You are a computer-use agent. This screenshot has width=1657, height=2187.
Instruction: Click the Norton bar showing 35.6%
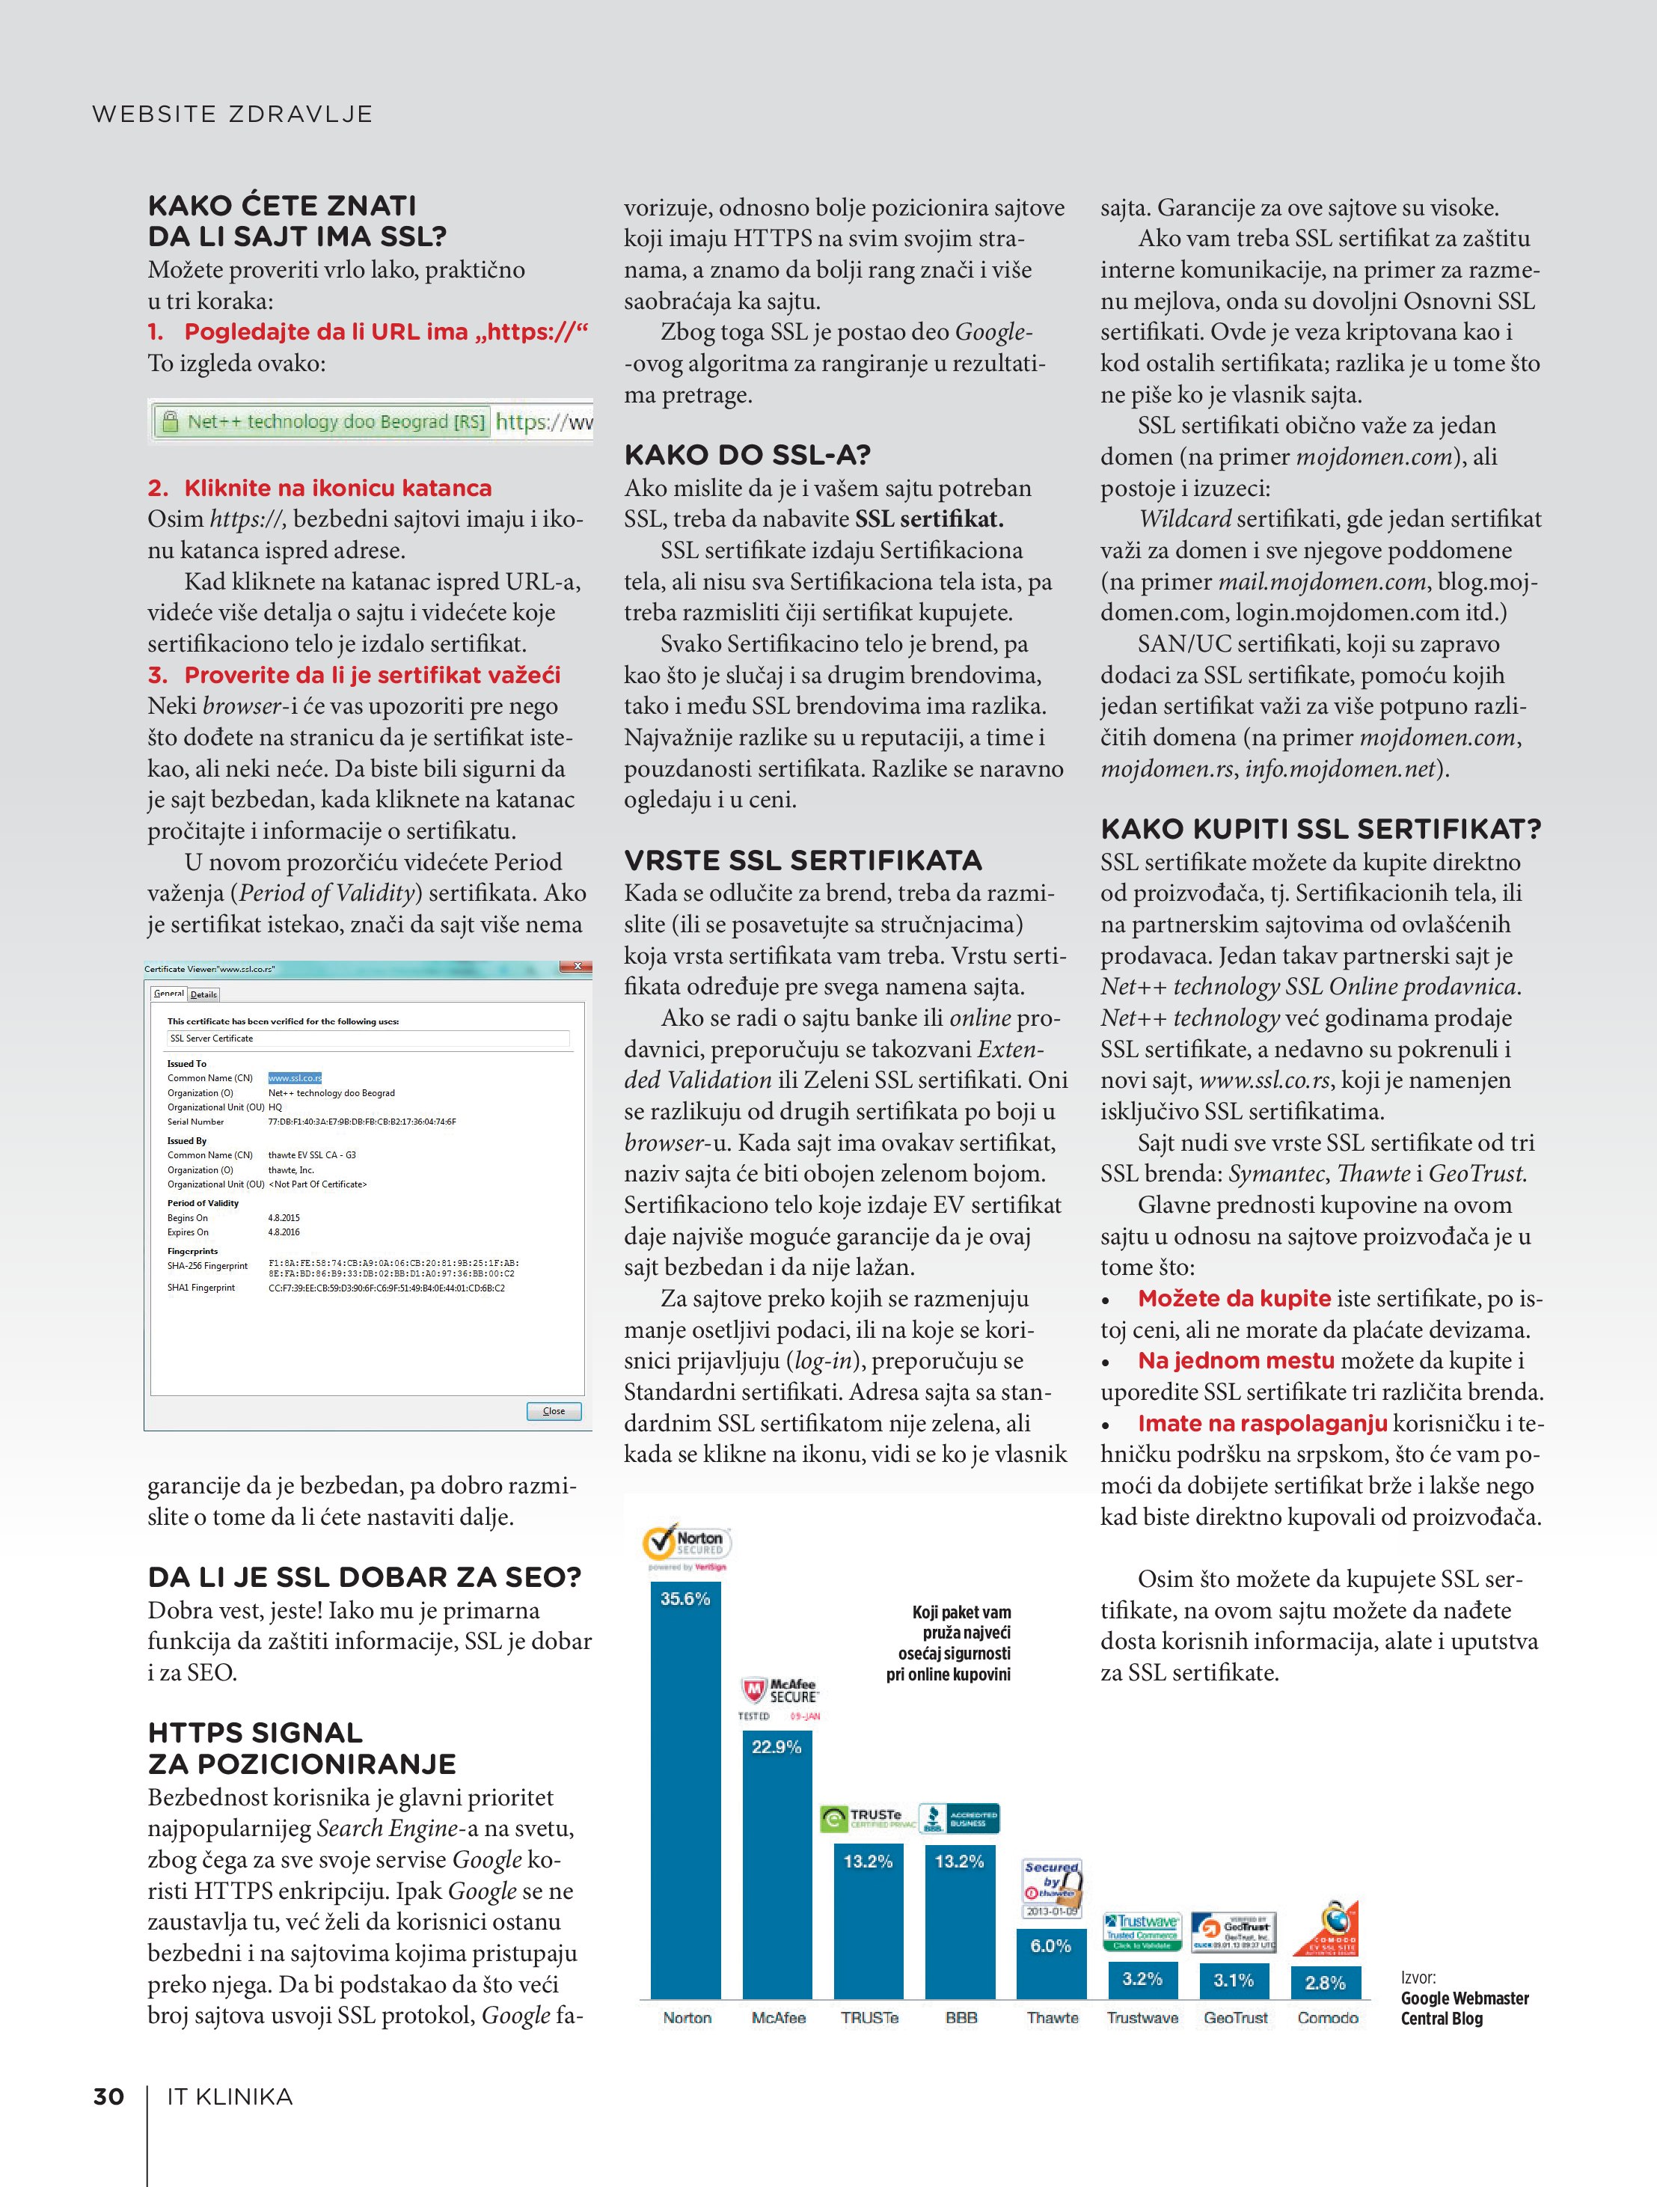click(685, 1790)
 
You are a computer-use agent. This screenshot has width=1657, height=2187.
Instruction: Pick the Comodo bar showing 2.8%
click(1325, 1981)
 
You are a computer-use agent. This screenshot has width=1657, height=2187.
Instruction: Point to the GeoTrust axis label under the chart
click(1235, 2018)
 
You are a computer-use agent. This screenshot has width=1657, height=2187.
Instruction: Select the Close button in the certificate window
click(554, 1411)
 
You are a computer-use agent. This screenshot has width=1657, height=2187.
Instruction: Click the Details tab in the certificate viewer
click(203, 994)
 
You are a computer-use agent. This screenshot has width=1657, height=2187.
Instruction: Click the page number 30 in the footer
click(108, 2097)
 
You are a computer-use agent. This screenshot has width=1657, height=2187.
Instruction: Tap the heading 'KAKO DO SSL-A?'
click(747, 456)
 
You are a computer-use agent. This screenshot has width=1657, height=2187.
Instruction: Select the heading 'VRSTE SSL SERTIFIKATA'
click(803, 860)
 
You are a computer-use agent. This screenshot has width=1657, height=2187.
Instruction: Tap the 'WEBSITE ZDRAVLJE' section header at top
click(233, 114)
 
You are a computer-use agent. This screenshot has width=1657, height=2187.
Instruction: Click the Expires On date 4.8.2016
click(284, 1232)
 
